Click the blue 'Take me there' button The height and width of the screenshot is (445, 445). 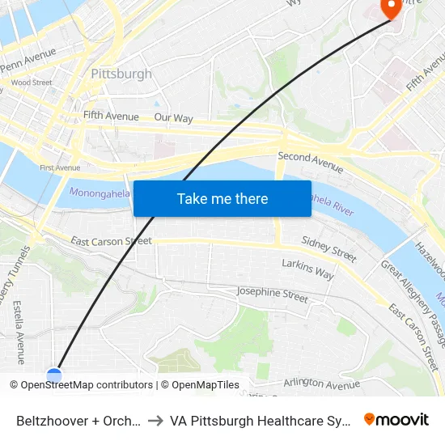(x=222, y=198)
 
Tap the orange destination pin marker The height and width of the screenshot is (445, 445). (x=392, y=8)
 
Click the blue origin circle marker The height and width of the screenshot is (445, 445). (x=54, y=375)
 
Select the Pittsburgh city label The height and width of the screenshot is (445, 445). (x=121, y=74)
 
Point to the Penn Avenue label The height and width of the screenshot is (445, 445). (x=29, y=61)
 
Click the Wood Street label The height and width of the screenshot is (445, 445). (x=32, y=83)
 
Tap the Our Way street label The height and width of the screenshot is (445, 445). (x=173, y=118)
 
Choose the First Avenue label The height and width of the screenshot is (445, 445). (x=60, y=167)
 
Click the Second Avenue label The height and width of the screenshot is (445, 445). (x=310, y=162)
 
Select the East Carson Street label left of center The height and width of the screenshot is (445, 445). (x=111, y=241)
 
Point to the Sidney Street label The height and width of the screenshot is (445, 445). (x=328, y=248)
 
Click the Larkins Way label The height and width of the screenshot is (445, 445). (x=307, y=269)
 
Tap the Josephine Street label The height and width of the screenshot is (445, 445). (x=272, y=295)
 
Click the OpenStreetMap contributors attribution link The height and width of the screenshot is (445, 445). (x=87, y=385)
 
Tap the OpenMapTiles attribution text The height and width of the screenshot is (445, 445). (x=199, y=385)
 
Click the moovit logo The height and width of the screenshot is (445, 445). (x=396, y=419)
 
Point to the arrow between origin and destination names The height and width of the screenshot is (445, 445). (x=155, y=421)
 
